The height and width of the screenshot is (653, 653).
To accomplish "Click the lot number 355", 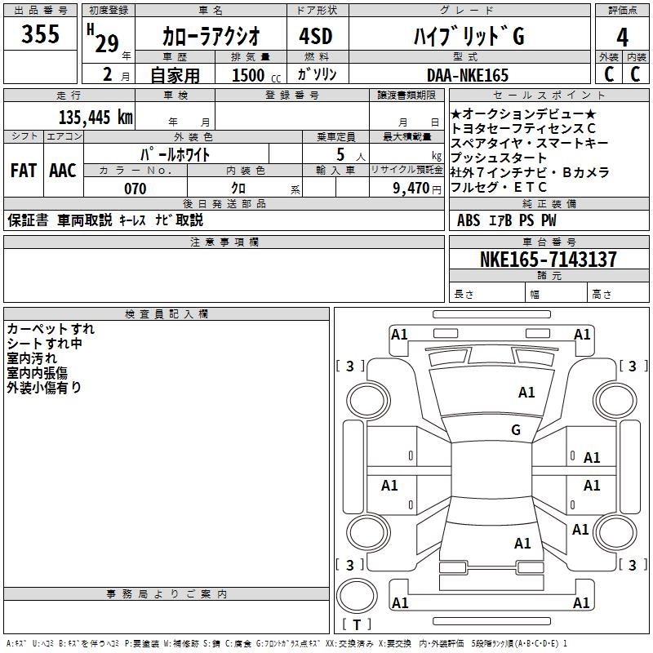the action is click(x=41, y=34).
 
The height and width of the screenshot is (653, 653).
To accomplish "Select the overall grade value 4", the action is click(x=622, y=37).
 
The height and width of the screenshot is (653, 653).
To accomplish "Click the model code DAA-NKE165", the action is click(x=468, y=75).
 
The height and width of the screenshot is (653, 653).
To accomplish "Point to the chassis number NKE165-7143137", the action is click(x=548, y=260).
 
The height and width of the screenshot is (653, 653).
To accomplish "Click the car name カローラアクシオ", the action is click(x=211, y=37).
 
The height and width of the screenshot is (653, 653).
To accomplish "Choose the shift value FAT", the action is click(x=24, y=171).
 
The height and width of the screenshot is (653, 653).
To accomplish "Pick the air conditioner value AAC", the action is click(x=63, y=171).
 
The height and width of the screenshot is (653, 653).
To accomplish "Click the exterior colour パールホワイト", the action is click(x=176, y=153).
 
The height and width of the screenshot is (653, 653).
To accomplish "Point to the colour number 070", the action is click(x=135, y=189).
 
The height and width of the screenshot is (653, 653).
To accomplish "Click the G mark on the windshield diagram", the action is click(x=515, y=429).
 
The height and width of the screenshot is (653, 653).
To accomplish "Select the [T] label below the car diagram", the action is click(x=356, y=625).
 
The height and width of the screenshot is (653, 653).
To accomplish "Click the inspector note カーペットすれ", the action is click(x=51, y=329).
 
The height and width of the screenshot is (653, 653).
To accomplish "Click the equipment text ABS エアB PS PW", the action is click(x=507, y=220).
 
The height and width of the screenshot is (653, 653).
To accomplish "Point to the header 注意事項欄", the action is click(x=224, y=242).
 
